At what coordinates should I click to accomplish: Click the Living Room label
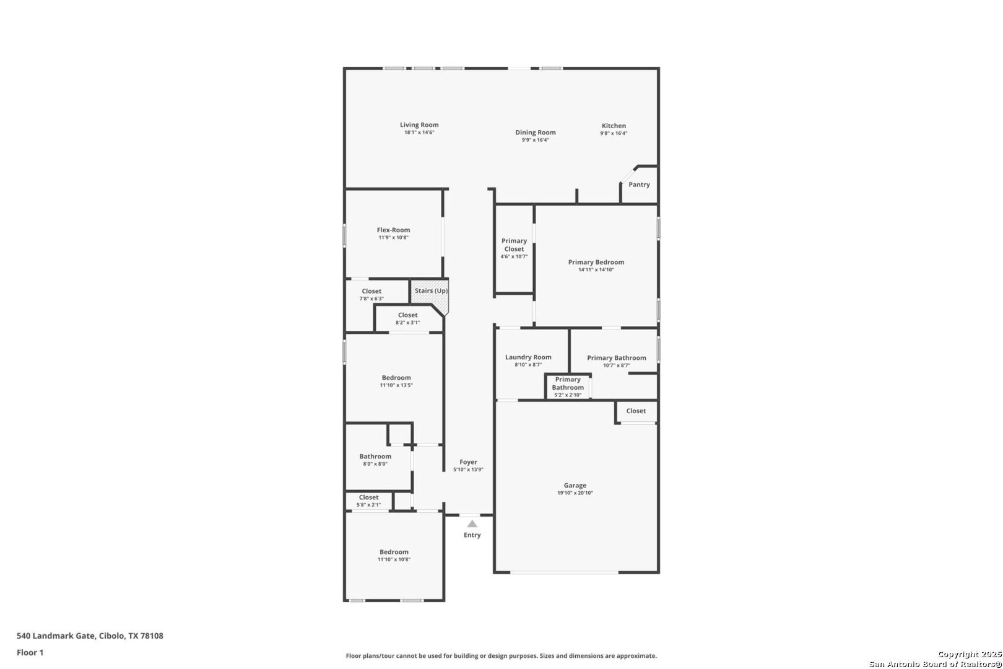[x=419, y=125]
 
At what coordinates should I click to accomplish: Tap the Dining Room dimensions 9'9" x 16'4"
[x=535, y=140]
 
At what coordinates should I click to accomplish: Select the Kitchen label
[x=614, y=126]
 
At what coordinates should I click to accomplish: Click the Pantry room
[x=639, y=185]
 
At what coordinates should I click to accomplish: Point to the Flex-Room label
[x=393, y=230]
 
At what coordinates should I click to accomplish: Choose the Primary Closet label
[x=514, y=245]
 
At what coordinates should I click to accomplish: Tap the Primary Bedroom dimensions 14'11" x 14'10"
[x=596, y=270]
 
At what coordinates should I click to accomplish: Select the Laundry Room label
[x=528, y=357]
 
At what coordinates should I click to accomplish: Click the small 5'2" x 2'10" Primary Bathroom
[x=568, y=387]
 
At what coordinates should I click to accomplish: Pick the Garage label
[x=575, y=486]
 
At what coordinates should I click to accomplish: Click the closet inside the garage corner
[x=636, y=411]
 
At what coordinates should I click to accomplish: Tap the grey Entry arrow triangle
[x=472, y=524]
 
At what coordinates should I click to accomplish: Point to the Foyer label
[x=468, y=462]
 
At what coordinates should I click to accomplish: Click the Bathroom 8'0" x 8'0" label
[x=375, y=457]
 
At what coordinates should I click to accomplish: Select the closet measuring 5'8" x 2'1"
[x=368, y=501]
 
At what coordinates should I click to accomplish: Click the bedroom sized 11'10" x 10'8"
[x=394, y=555]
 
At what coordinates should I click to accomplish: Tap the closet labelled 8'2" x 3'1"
[x=407, y=318]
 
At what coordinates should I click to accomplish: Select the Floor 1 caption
[x=30, y=652]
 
